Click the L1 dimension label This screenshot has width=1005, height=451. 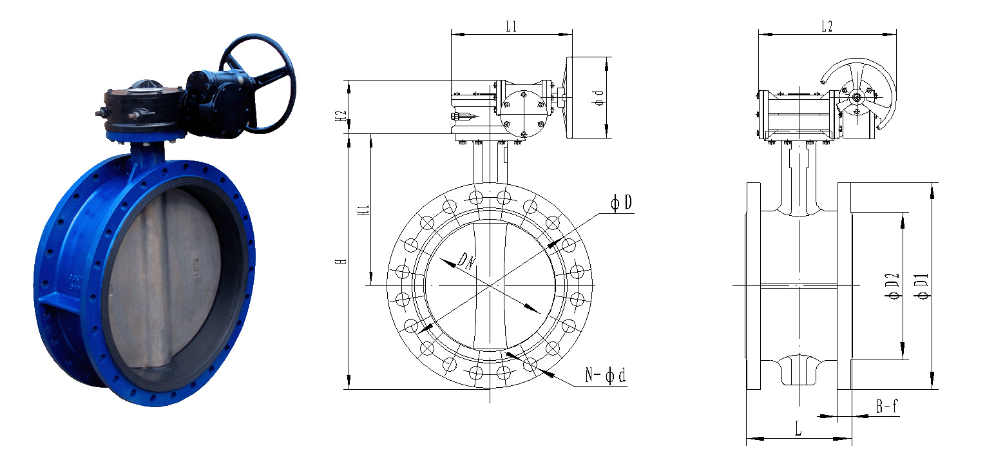coord(511,26)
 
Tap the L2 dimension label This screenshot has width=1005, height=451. coord(827,26)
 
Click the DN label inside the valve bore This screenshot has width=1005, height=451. coord(466,260)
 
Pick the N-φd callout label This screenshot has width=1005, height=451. coord(605,375)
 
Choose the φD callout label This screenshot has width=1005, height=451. coord(622,203)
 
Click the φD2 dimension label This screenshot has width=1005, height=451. coord(892,286)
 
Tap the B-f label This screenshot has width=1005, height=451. coord(887,406)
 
